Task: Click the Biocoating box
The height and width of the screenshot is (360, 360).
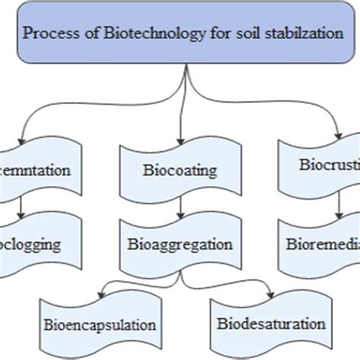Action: tap(181, 169)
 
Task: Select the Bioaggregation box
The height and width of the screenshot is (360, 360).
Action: tap(181, 245)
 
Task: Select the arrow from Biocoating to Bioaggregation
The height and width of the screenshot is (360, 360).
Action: tap(181, 206)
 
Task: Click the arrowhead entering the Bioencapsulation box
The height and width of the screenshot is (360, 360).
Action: tap(104, 292)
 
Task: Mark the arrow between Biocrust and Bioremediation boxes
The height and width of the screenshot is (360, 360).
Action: tap(338, 203)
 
